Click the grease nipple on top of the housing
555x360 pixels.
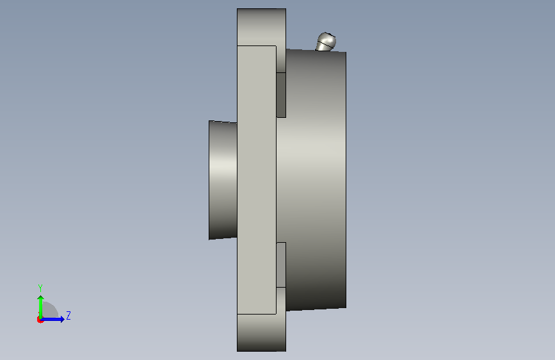(x=326, y=42)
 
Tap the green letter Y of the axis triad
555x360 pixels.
(x=40, y=288)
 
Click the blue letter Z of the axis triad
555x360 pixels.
(x=68, y=315)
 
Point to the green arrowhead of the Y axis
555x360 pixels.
(x=41, y=299)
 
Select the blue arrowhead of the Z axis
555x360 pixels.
(x=62, y=319)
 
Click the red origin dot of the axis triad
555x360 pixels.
(x=40, y=320)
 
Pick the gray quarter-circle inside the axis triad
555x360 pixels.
(x=50, y=309)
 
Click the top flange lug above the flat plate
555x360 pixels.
(x=261, y=27)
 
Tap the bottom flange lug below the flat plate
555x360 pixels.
(x=261, y=332)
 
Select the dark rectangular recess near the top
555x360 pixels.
(x=281, y=95)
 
